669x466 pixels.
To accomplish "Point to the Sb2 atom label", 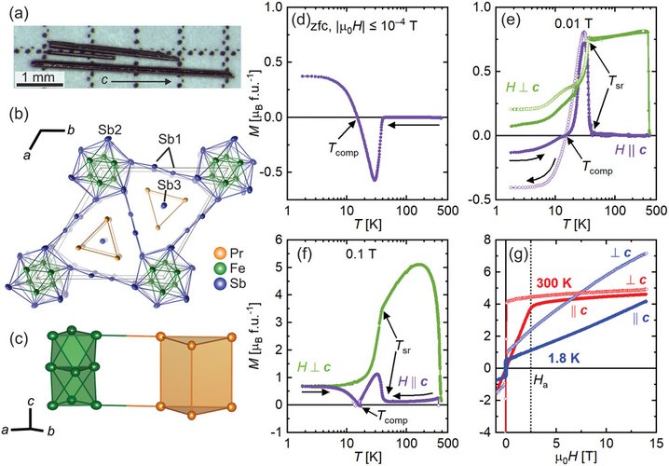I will point(108,128).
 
